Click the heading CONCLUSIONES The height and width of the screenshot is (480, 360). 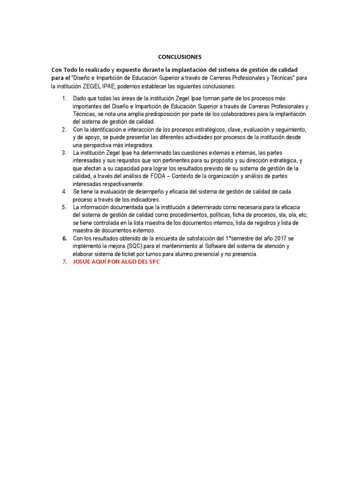180,57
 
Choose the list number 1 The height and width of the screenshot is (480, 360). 64,98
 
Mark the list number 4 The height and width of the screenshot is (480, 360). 64,192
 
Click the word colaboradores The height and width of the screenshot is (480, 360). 240,114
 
